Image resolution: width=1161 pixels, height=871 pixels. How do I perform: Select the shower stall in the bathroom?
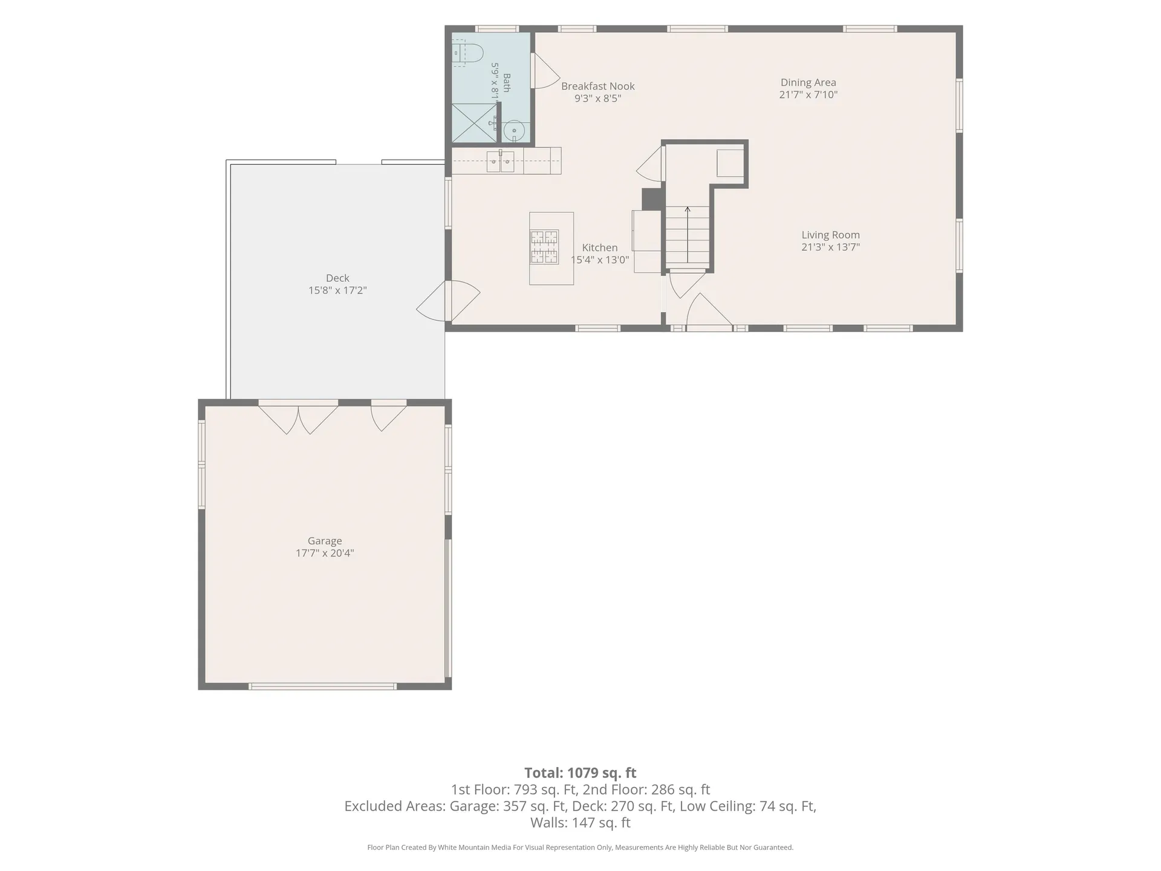[x=474, y=123]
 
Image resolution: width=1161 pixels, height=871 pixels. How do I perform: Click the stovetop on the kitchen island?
[x=544, y=247]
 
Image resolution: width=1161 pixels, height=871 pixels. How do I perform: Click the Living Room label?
[x=830, y=235]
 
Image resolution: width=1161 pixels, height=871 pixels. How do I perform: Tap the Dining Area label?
[x=808, y=82]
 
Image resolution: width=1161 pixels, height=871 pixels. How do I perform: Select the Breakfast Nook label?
[x=597, y=86]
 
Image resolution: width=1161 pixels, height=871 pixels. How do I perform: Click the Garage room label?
[x=325, y=541]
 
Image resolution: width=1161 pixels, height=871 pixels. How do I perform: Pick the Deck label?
[x=337, y=278]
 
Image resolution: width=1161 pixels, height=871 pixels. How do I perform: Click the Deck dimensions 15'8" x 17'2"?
[x=337, y=290]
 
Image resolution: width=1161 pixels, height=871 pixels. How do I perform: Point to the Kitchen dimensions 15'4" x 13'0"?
[x=600, y=260]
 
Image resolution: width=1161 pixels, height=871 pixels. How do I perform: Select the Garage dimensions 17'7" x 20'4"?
[x=325, y=553]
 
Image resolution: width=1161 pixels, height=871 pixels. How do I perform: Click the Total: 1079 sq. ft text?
[x=580, y=772]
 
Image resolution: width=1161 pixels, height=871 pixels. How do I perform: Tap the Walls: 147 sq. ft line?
[x=580, y=823]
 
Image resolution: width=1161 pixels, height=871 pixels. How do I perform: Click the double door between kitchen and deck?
[x=448, y=301]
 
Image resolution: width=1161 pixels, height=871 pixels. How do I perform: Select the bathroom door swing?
[x=545, y=70]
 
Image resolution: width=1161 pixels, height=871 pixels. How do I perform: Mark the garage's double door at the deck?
[x=298, y=417]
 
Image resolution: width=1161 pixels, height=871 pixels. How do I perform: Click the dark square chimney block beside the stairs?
[x=652, y=199]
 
